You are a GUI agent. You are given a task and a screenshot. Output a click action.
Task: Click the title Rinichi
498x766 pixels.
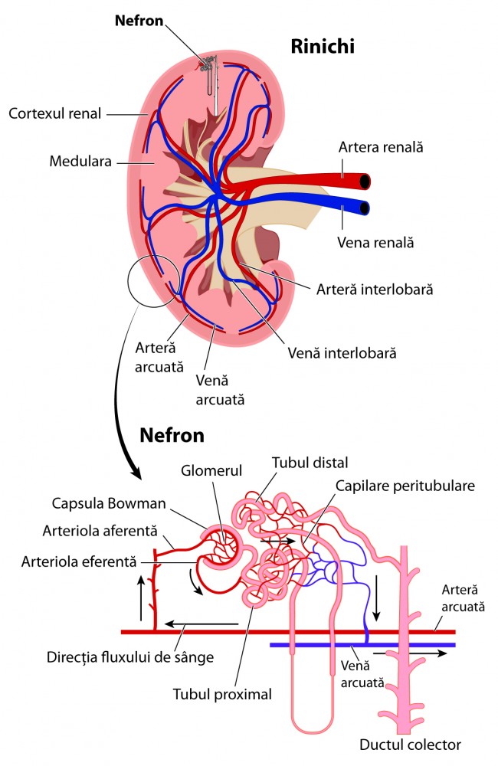[x=323, y=47]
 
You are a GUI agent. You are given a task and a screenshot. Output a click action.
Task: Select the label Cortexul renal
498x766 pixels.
[x=54, y=113]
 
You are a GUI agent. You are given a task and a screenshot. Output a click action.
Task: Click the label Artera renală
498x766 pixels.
[x=381, y=146]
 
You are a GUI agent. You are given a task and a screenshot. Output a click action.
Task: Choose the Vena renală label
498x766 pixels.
[x=375, y=242]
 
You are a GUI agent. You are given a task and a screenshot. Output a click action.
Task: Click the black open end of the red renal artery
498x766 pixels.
[x=365, y=182]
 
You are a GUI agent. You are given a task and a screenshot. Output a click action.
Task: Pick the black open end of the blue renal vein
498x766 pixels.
[x=365, y=208]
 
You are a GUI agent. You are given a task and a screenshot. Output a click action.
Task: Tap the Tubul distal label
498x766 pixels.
[x=310, y=463]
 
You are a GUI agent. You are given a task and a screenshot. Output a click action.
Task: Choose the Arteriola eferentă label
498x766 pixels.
[x=79, y=560]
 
